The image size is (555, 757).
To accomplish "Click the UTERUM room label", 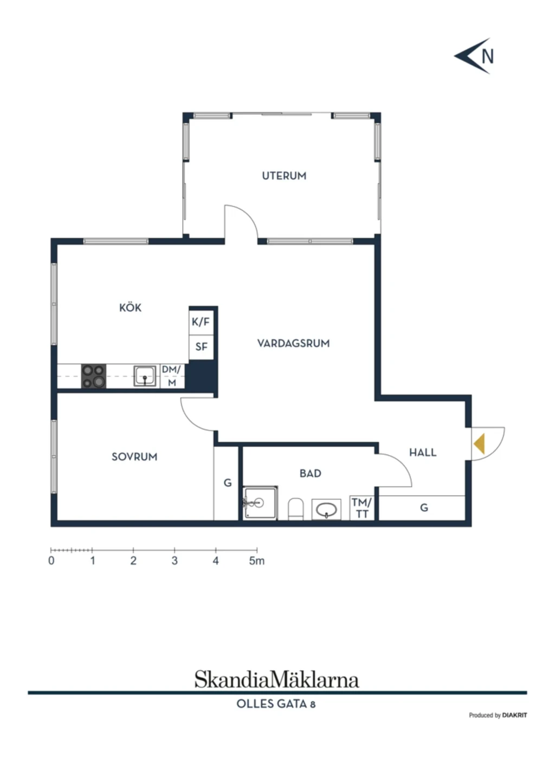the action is tap(284, 176).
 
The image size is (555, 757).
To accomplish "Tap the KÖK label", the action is tap(130, 307).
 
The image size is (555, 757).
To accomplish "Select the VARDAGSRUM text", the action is tap(293, 343).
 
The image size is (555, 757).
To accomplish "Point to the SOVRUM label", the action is tap(134, 457).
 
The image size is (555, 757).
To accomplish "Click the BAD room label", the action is tap(310, 473).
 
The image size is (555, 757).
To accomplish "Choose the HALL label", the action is tap(423, 452).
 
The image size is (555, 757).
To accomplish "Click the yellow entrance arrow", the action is tap(479, 444).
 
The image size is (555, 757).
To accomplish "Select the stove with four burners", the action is tap(94, 376).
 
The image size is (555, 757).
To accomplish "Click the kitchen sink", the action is tap(145, 376).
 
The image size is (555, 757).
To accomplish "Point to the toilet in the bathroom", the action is tap(295, 509).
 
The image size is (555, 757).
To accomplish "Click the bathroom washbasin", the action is tap(326, 510).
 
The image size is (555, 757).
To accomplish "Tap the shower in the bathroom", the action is tap(260, 503).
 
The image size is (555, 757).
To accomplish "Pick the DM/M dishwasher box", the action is tap(172, 376).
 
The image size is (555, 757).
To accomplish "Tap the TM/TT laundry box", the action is tap(362, 508).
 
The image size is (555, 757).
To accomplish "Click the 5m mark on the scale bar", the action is tap(257, 550).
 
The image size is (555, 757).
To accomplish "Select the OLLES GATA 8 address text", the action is tap(276, 704).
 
